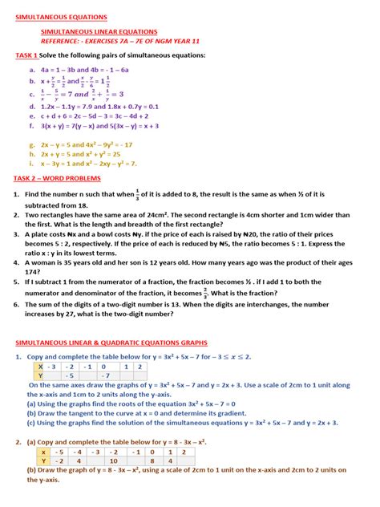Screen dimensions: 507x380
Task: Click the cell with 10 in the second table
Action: pyautogui.click(x=115, y=461)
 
